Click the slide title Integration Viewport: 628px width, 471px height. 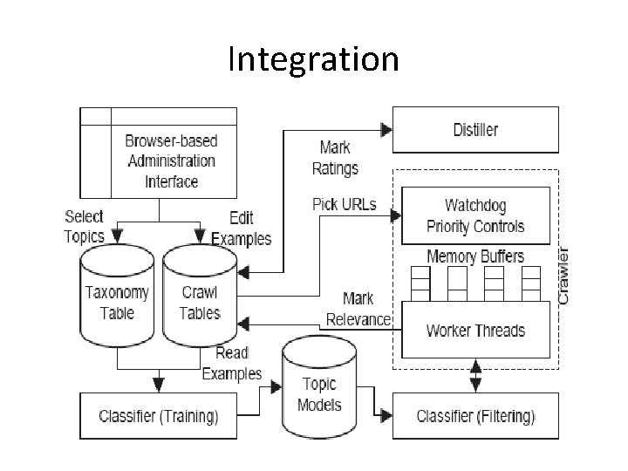pos(313,60)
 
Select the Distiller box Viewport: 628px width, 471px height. pos(475,130)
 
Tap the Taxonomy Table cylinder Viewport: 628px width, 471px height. pos(117,301)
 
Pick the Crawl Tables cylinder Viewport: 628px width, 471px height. pos(200,301)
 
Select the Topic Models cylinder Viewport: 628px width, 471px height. pos(319,392)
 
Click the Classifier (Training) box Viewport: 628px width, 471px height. pos(159,415)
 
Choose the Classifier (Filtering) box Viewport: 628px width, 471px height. pos(475,415)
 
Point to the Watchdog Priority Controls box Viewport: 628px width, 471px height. pos(475,215)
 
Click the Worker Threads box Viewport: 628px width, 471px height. pos(475,331)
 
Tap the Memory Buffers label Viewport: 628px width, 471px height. pos(475,256)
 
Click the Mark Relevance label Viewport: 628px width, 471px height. pos(358,310)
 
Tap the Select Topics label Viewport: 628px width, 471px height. pos(85,226)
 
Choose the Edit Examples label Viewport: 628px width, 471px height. pos(241,229)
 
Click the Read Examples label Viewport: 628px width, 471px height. pos(231,363)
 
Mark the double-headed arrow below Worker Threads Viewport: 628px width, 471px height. pos(475,375)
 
